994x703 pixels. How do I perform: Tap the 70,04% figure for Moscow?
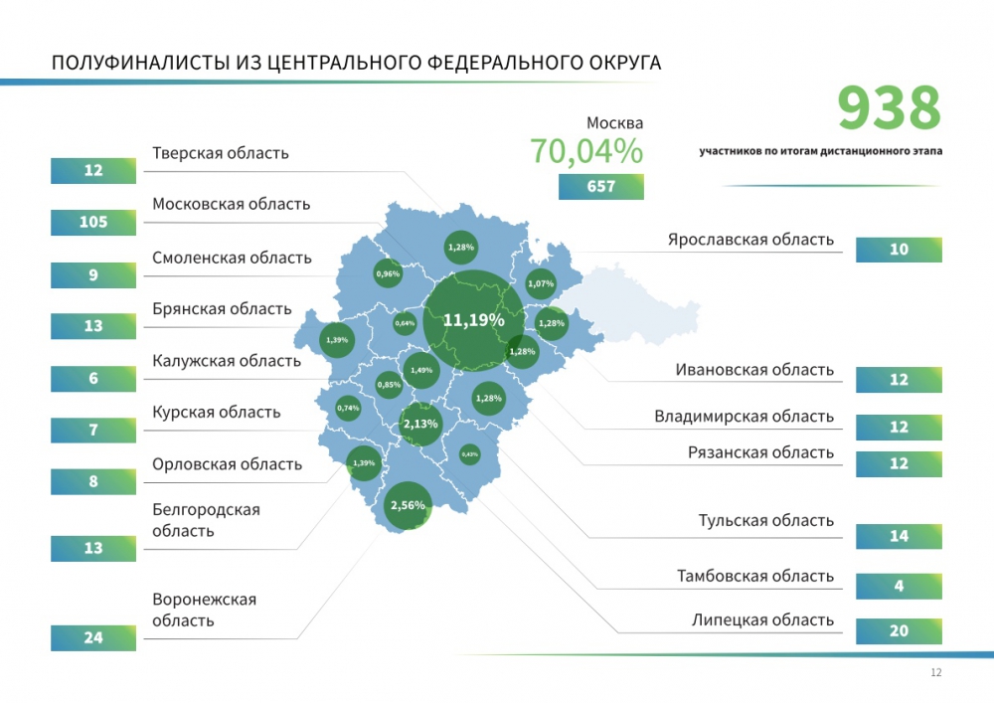[585, 151]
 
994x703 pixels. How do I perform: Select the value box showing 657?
[600, 187]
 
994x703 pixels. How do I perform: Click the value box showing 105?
[93, 223]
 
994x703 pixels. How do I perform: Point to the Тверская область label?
[221, 153]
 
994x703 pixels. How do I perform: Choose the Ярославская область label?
[750, 240]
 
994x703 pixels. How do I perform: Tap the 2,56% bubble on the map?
[408, 505]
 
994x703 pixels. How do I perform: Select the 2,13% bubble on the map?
[420, 424]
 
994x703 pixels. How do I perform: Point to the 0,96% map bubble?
[388, 273]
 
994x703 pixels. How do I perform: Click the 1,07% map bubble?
[541, 284]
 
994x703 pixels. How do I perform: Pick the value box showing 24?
[93, 637]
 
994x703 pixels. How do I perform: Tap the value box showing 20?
[899, 631]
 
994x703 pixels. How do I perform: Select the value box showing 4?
[899, 587]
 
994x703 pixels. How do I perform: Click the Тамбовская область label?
[755, 576]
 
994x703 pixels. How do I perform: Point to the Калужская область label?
[227, 360]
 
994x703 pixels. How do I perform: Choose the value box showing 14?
[899, 536]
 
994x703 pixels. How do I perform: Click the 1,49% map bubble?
[421, 370]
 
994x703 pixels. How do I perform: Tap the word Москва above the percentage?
[614, 123]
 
